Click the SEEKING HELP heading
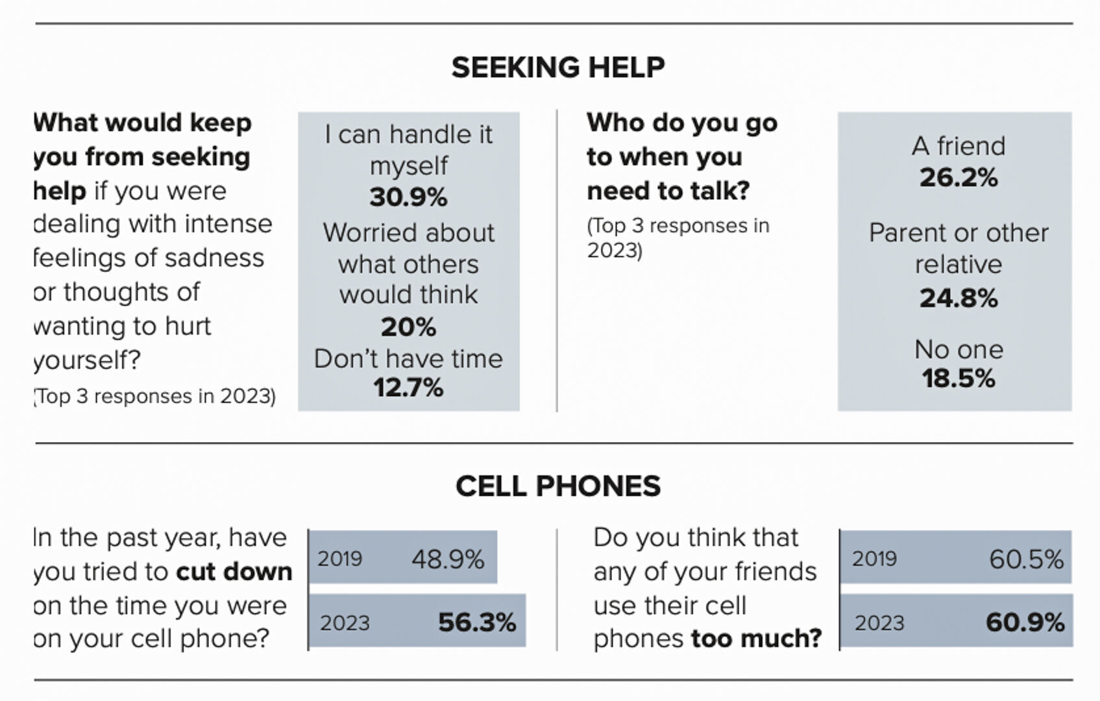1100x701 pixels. click(x=558, y=68)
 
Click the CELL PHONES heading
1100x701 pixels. click(x=558, y=486)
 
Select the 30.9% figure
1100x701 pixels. click(x=408, y=197)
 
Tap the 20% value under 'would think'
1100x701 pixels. click(x=408, y=326)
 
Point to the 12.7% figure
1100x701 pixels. click(x=408, y=387)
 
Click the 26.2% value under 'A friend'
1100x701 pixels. click(x=959, y=177)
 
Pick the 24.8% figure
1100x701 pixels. click(x=959, y=298)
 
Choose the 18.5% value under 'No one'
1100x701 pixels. click(x=959, y=378)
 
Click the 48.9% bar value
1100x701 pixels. click(x=448, y=559)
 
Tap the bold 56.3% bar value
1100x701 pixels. click(x=477, y=622)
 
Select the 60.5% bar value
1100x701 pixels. click(x=1026, y=559)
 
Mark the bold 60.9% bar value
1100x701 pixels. click(x=1025, y=622)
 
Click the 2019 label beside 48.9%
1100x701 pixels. click(x=340, y=559)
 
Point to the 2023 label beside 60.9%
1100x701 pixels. click(x=879, y=623)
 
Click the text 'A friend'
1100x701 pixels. click(x=959, y=146)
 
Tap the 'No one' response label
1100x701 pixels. click(x=959, y=350)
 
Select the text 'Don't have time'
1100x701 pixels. click(x=408, y=359)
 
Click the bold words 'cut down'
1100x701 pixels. click(x=234, y=572)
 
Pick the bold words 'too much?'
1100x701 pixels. click(x=756, y=639)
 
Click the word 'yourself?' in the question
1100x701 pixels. click(x=87, y=360)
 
